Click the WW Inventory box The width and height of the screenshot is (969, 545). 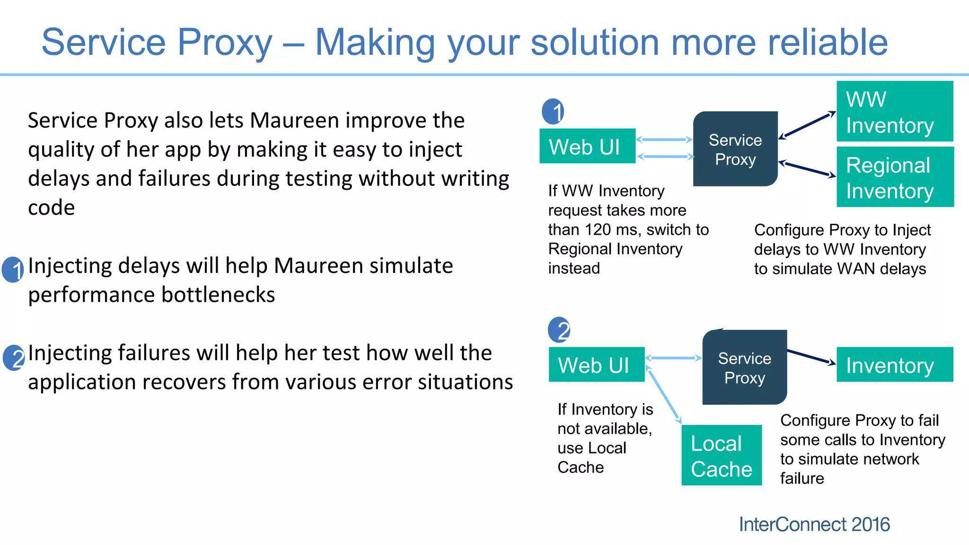coord(894,112)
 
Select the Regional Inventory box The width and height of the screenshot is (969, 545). coord(895,177)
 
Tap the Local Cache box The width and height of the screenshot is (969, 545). coord(722,455)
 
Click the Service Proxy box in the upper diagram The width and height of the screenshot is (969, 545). coord(735,149)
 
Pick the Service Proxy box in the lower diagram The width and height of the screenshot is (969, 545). coord(744,368)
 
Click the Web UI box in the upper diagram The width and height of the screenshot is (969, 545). coord(587,146)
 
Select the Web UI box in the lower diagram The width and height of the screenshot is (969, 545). coord(596,365)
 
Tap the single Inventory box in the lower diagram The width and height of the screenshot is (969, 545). coord(894,365)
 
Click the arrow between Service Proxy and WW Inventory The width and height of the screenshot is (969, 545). coord(807,125)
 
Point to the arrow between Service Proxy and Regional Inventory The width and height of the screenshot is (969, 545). coord(807,169)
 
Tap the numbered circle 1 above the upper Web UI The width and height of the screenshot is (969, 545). coord(553,112)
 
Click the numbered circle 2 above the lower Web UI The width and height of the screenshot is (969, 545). coord(559,330)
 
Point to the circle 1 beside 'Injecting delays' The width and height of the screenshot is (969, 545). coord(13,270)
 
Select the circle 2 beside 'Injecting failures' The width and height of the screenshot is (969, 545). coord(14,358)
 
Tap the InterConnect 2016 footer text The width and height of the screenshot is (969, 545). coord(814,525)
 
